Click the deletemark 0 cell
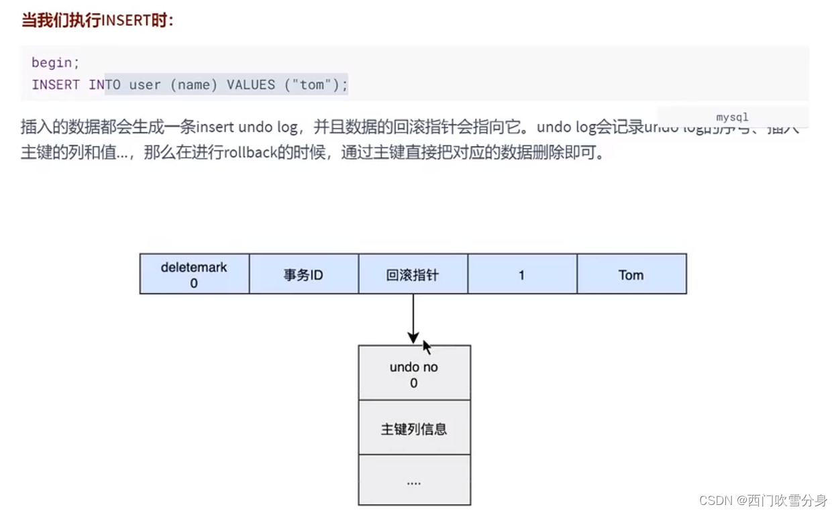tap(194, 274)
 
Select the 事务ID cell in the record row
tap(303, 274)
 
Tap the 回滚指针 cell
tap(413, 274)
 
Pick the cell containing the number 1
tap(521, 274)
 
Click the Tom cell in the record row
tap(631, 274)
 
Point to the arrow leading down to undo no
tap(413, 319)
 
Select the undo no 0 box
tap(414, 374)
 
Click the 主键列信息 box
tap(414, 429)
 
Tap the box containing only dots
tap(414, 481)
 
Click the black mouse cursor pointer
tap(427, 347)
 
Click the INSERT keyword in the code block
tap(55, 84)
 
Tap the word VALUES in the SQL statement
tap(251, 84)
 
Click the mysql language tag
tap(732, 117)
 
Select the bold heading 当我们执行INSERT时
tap(98, 20)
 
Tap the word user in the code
tap(145, 84)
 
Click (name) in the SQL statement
tap(194, 84)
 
